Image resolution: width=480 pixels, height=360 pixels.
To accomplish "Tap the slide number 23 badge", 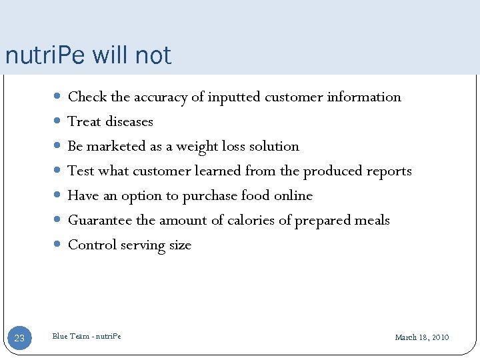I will click(x=19, y=338).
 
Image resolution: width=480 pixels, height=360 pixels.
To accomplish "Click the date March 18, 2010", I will click(x=421, y=337).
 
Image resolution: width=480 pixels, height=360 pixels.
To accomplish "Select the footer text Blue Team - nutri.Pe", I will click(x=87, y=336).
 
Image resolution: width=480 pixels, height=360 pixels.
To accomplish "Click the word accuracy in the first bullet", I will click(x=161, y=97).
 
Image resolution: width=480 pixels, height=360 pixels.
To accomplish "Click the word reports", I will click(x=389, y=171).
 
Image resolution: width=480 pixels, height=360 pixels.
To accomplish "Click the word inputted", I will click(x=234, y=97).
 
